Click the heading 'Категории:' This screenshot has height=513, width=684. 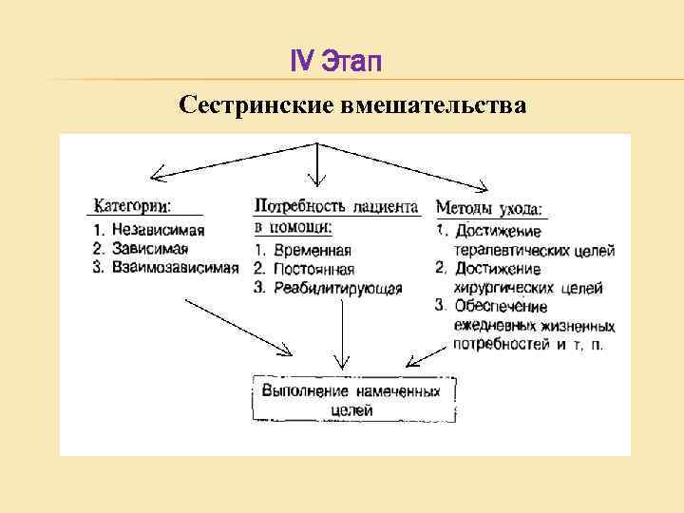coord(132,205)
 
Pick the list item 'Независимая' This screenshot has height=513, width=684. coord(157,230)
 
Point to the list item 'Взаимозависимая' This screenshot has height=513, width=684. coord(174,267)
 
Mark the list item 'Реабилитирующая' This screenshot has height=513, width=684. coord(336,288)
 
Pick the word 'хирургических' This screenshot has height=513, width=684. coord(500,286)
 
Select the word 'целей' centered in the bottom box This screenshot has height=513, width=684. coord(351,410)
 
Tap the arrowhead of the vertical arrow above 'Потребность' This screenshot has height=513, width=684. coord(317,181)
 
